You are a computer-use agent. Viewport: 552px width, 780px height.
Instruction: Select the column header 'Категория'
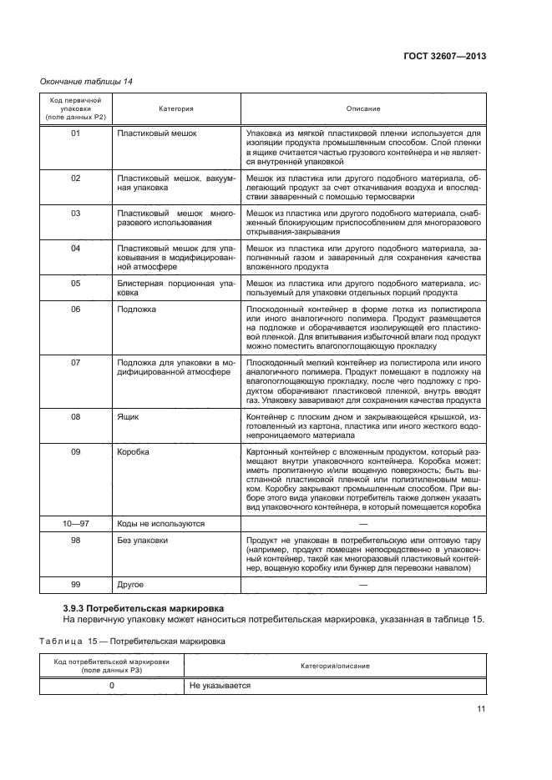176,108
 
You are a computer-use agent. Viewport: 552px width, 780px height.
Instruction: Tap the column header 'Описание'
363,108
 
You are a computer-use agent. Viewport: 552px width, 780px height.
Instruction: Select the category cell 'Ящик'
129,415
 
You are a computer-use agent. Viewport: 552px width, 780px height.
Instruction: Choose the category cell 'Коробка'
134,451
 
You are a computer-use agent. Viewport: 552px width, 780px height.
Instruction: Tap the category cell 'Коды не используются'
161,524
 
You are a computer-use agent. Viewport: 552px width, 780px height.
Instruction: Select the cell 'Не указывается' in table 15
220,686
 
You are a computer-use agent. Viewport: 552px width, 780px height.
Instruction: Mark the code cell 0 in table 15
112,686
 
